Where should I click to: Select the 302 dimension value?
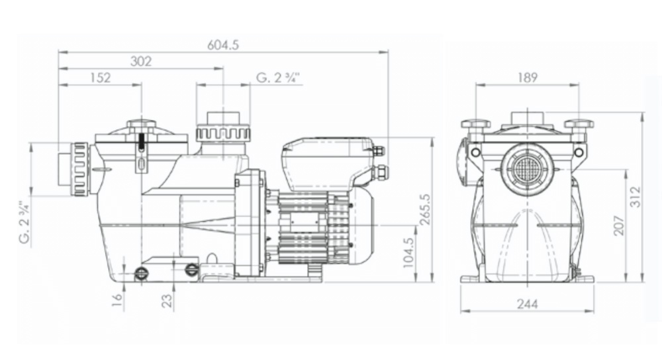click(x=141, y=61)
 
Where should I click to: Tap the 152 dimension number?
click(x=99, y=77)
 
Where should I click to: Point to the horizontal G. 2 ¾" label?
click(x=278, y=78)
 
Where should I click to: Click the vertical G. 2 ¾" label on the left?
click(x=24, y=222)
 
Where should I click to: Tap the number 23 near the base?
click(x=167, y=301)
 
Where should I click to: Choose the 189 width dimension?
click(x=527, y=77)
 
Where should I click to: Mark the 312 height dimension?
click(x=636, y=197)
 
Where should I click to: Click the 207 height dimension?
click(x=618, y=225)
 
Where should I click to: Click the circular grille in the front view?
click(x=527, y=169)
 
